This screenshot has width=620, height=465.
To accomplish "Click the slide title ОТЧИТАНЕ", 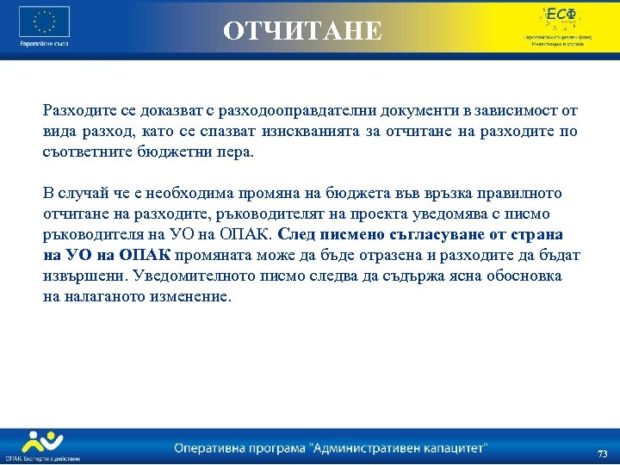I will coord(301,31).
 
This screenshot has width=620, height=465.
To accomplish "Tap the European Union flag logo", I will coord(43,22).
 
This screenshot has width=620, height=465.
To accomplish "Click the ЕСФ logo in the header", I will coord(560,15).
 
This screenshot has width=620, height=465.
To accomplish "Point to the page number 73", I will coord(602,454).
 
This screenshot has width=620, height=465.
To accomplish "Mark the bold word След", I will coord(297,234).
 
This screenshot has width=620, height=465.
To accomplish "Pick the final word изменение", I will coord(187,296).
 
